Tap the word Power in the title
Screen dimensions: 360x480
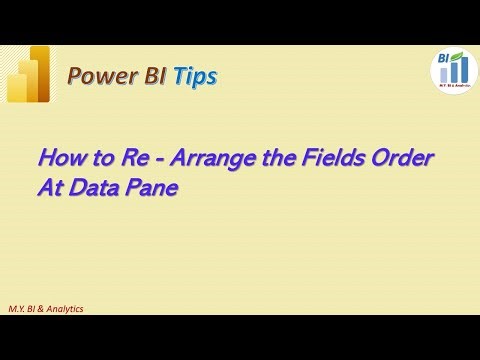tap(98, 75)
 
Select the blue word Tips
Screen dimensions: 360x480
tap(194, 75)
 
